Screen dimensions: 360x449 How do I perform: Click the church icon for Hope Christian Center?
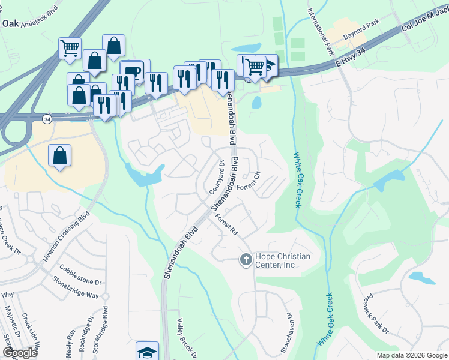245,260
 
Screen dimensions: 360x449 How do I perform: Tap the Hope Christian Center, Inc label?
283,260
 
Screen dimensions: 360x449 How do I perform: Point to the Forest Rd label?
228,225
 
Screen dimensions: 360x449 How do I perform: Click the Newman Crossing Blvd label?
66,236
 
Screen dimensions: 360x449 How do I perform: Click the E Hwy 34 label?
351,59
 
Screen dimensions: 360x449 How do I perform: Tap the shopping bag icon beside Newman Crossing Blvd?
60,155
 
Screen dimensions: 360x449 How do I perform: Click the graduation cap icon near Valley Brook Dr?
147,352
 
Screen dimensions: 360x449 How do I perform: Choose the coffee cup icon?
132,71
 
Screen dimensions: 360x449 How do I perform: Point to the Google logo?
20,353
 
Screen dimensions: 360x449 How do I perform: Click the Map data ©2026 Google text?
411,355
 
